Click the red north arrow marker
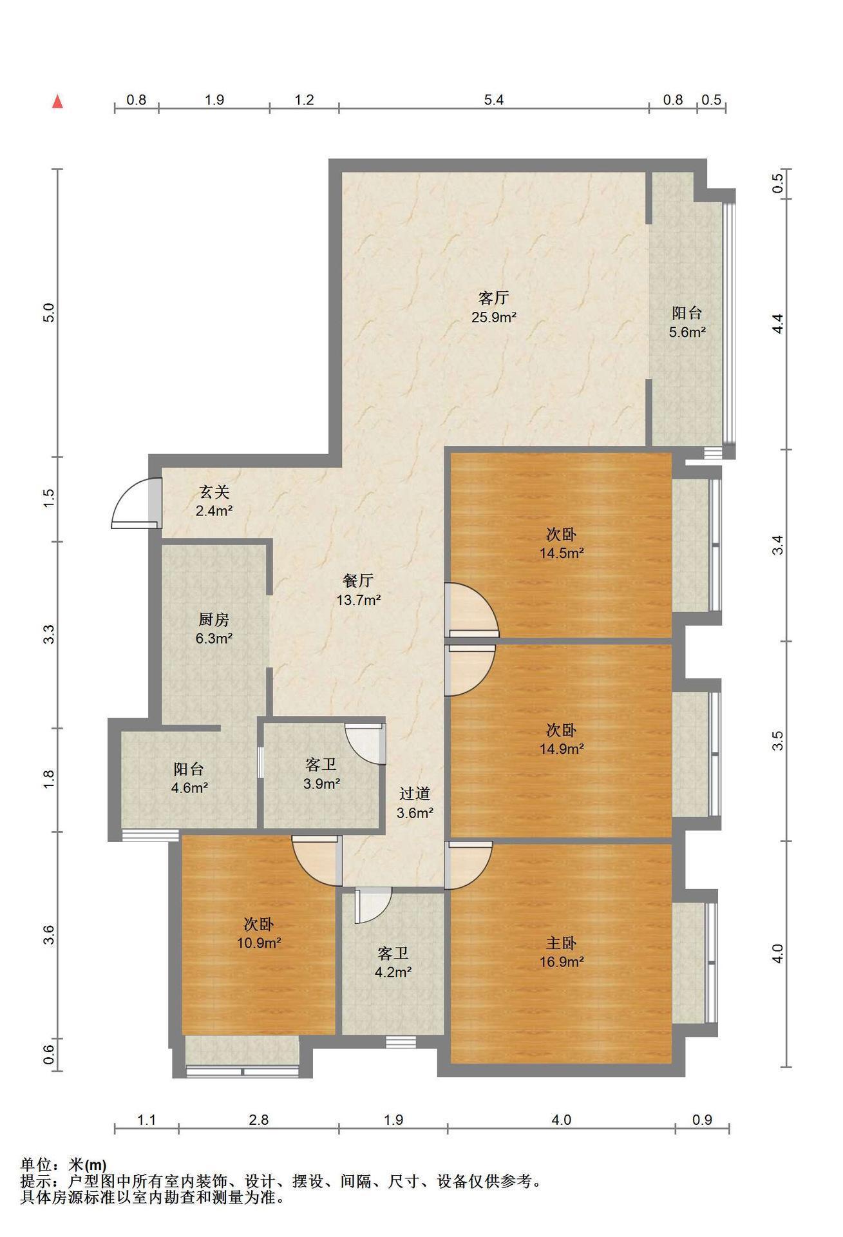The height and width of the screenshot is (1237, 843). coord(58,101)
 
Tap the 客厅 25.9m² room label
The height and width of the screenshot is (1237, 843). coord(494,307)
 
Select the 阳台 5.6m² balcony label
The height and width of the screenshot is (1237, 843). coord(687,323)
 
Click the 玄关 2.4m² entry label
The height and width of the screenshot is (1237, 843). coord(214,501)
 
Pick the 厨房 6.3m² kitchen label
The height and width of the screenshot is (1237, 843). coord(214,629)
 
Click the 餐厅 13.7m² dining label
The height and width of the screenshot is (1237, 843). coord(358,590)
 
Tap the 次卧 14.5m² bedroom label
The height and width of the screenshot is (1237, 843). coord(562,543)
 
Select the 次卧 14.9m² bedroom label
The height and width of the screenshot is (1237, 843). coord(562,739)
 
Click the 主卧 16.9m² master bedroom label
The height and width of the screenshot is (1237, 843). coord(562,952)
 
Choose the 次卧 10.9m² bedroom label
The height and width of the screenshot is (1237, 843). coord(258,933)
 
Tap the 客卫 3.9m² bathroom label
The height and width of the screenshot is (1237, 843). coord(321,774)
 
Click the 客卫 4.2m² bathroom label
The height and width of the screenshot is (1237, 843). coord(393,962)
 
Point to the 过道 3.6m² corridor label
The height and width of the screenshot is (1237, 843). coord(414,803)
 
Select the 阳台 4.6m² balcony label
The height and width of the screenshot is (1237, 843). coord(189,778)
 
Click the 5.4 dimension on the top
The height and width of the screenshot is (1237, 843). coord(494,99)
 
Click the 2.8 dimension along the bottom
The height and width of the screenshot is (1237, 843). coord(258,1120)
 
